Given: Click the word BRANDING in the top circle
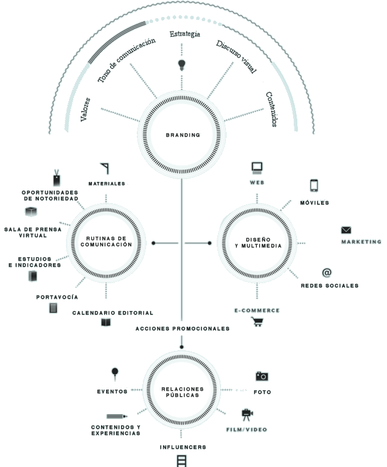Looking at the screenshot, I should point(182,135).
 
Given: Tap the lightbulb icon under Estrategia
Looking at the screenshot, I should point(181,64).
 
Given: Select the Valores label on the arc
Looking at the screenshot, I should point(86,109).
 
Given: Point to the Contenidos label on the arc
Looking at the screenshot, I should point(271,109).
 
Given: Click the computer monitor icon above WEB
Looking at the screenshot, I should point(257,168).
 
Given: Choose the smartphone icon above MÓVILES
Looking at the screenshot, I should point(314,186).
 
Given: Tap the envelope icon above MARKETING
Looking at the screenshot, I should point(346,230).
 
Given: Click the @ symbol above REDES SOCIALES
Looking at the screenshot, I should point(326,273).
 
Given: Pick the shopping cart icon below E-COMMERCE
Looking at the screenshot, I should point(257,322).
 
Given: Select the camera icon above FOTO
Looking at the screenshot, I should point(262,376).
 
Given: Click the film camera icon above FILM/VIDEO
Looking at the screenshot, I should point(246,415).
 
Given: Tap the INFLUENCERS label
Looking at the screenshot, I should point(182,448).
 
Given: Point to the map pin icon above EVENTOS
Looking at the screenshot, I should point(115,373).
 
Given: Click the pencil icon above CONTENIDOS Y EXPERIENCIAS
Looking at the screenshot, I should point(116,416).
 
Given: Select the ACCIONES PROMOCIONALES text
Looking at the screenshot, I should point(182,328).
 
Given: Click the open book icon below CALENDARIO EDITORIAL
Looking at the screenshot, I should point(106,322).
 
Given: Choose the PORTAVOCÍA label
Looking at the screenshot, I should point(57,297).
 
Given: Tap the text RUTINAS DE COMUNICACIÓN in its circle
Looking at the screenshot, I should point(106,242).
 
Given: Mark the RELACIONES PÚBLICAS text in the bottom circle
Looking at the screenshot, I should point(182,391).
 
